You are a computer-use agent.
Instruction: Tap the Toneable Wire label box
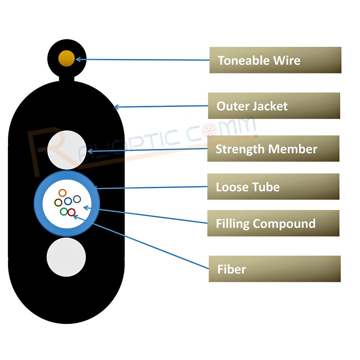(275, 60)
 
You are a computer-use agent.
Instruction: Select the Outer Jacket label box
(274, 106)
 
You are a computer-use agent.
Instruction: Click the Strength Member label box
(273, 149)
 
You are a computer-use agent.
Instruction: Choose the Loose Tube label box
(273, 186)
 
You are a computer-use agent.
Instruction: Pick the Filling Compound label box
(273, 223)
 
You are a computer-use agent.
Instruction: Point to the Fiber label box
(274, 269)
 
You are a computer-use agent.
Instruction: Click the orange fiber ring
(63, 193)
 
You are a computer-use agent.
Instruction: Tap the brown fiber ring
(58, 203)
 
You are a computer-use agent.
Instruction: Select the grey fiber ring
(77, 199)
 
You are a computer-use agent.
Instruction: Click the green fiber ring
(64, 212)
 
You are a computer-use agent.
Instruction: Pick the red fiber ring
(72, 212)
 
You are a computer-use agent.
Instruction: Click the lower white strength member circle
(66, 257)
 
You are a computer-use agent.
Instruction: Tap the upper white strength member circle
(66, 149)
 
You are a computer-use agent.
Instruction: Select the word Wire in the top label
(286, 60)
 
